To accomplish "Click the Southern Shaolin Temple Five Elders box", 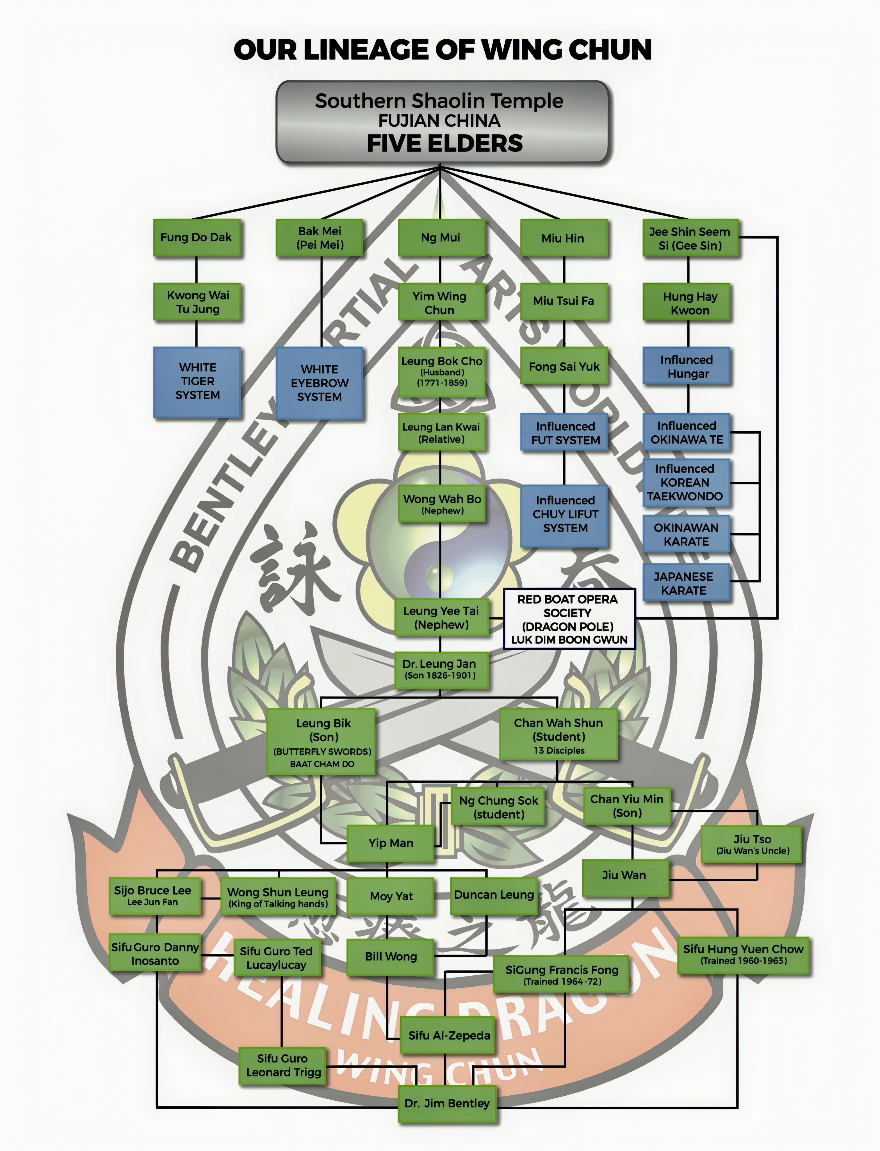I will point(442,122).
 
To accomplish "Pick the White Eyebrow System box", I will point(320,383).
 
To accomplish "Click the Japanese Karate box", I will point(686,583).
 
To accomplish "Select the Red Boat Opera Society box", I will point(569,619).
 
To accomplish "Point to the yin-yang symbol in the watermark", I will point(440,529).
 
